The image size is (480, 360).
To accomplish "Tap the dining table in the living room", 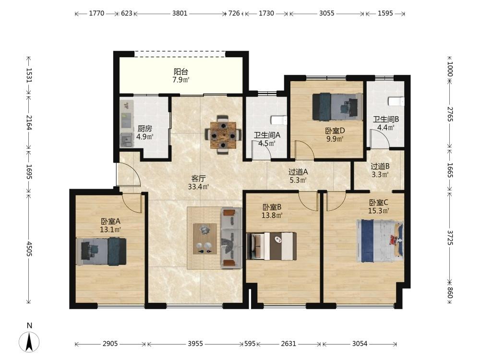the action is [x=223, y=135].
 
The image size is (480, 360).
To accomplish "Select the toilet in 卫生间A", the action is [x=279, y=120].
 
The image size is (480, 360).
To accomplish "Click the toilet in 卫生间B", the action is [x=396, y=101].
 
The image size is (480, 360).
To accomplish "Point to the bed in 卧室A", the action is [x=101, y=252].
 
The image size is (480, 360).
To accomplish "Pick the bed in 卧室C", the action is [x=380, y=240].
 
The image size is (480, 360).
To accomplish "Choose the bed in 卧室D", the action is [x=337, y=107].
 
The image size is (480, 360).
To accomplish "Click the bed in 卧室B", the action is [x=272, y=246].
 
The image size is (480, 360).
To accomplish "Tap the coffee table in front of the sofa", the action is [x=205, y=239].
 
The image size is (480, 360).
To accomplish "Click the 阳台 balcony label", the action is [x=181, y=72].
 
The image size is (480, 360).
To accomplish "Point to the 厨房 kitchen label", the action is [x=144, y=129].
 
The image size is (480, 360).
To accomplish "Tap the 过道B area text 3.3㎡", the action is [x=380, y=175].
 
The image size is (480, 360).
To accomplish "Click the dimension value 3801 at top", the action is [x=180, y=13].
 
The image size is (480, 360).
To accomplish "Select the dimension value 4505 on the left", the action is [x=29, y=249].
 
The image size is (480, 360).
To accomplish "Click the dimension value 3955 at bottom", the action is [x=195, y=344].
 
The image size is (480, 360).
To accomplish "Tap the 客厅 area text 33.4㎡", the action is [x=198, y=187].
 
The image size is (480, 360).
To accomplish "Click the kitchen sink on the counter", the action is [x=126, y=141].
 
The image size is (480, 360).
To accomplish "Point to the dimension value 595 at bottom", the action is [x=250, y=344].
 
